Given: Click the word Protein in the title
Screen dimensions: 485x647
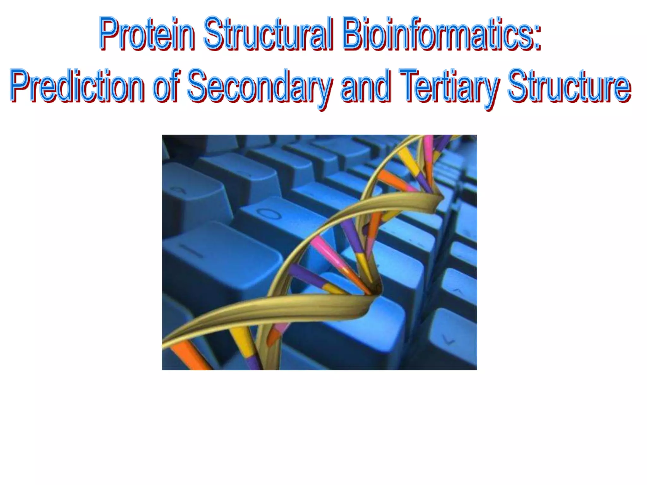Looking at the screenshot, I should click(147, 34).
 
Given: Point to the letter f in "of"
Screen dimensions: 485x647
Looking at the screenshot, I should click(175, 85).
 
